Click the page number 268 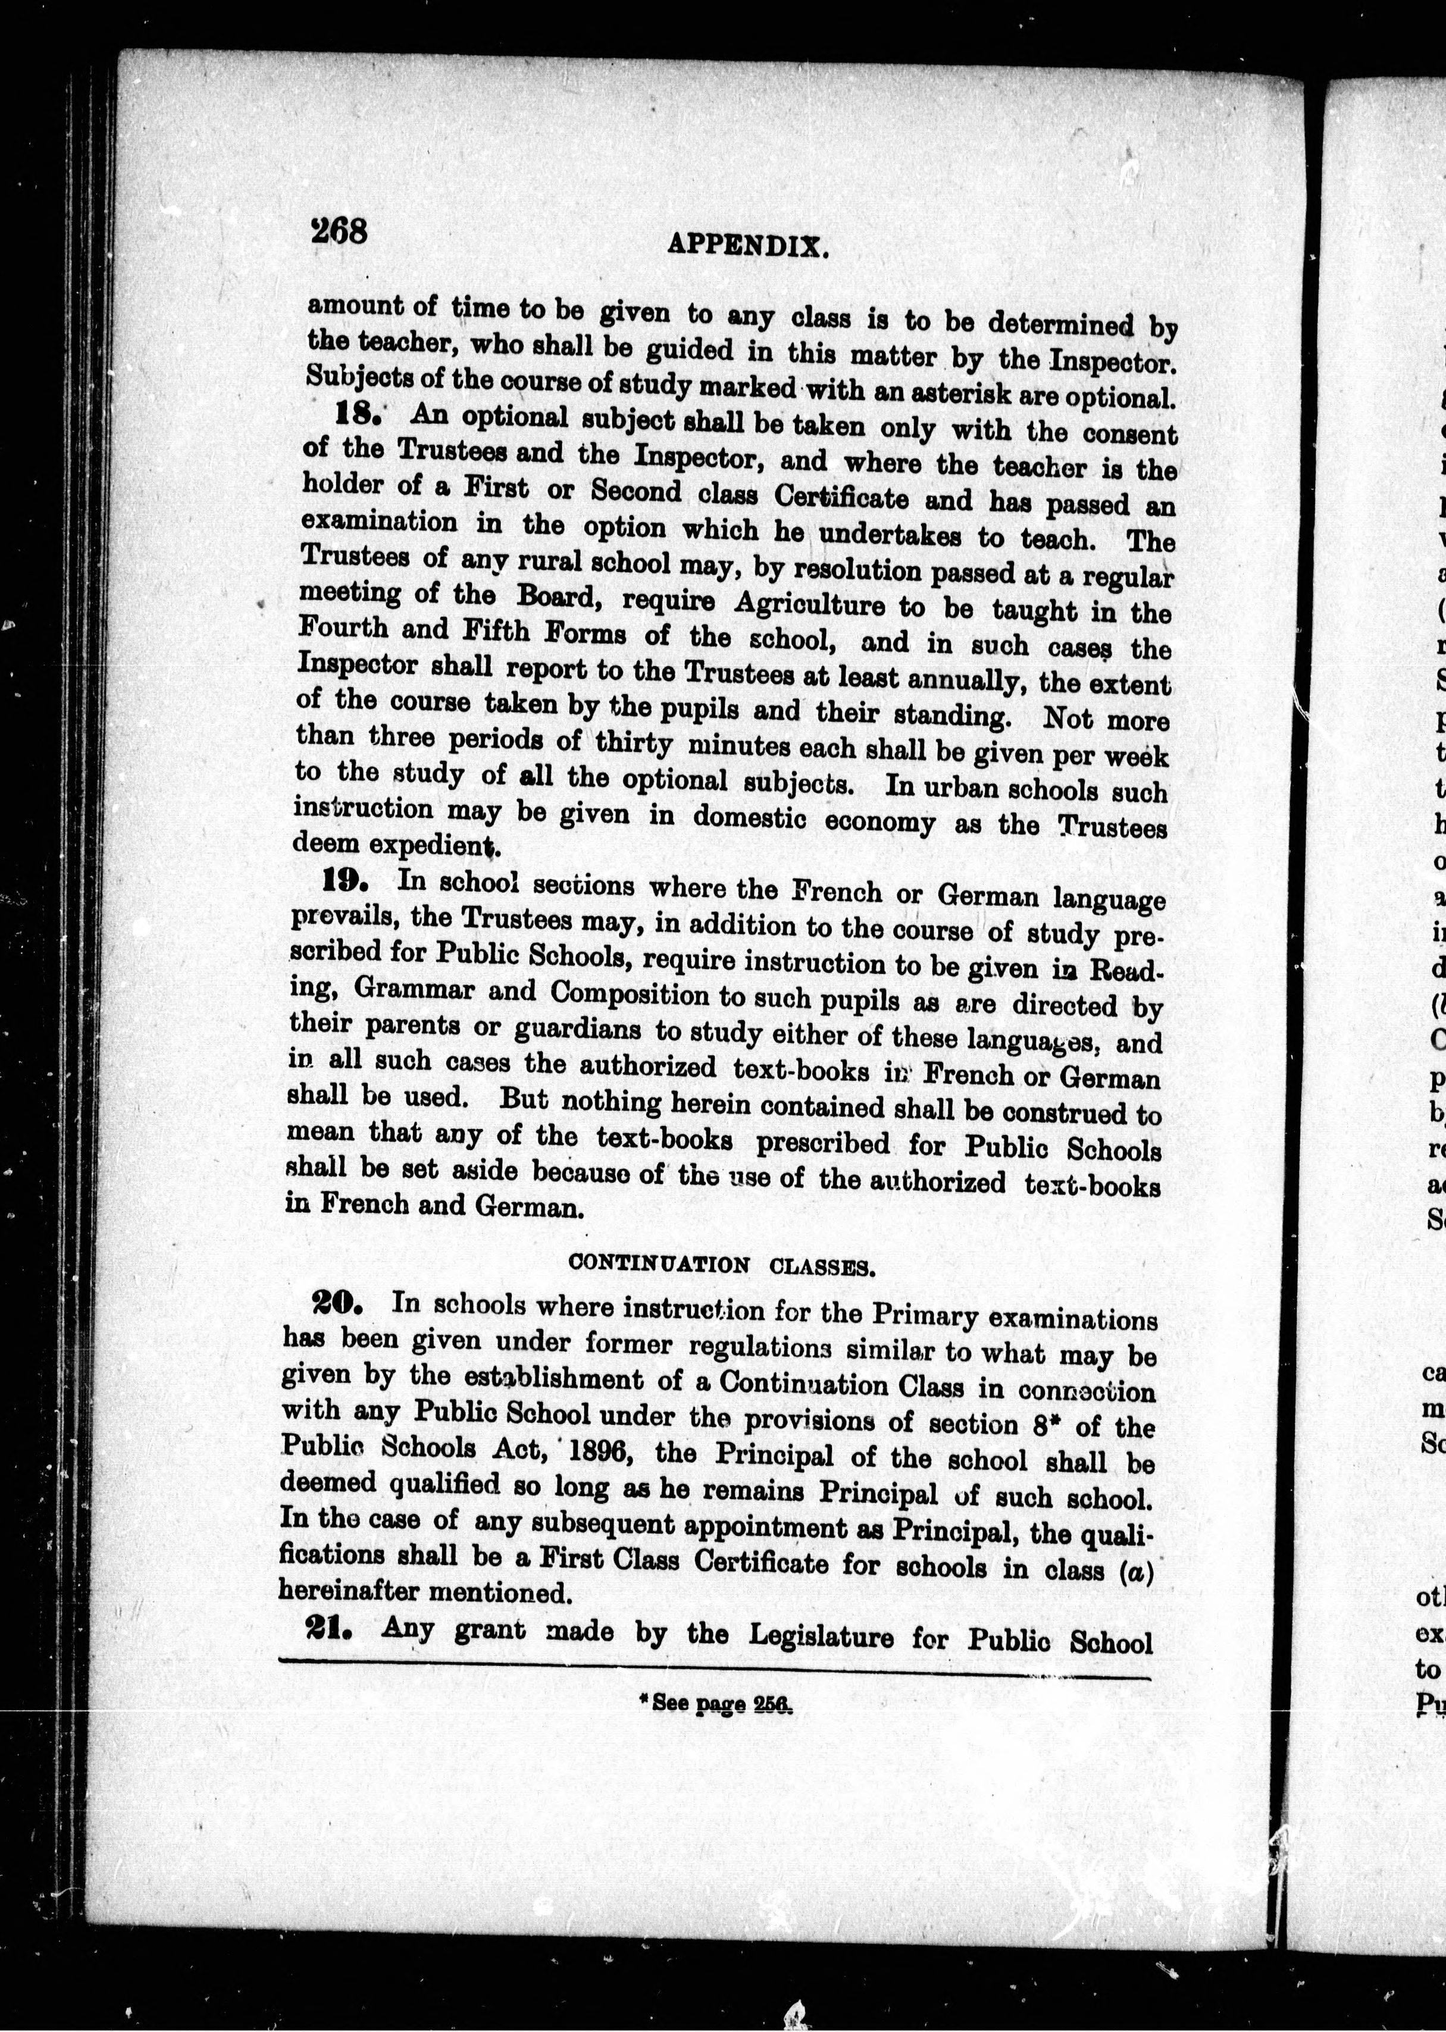(x=339, y=231)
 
